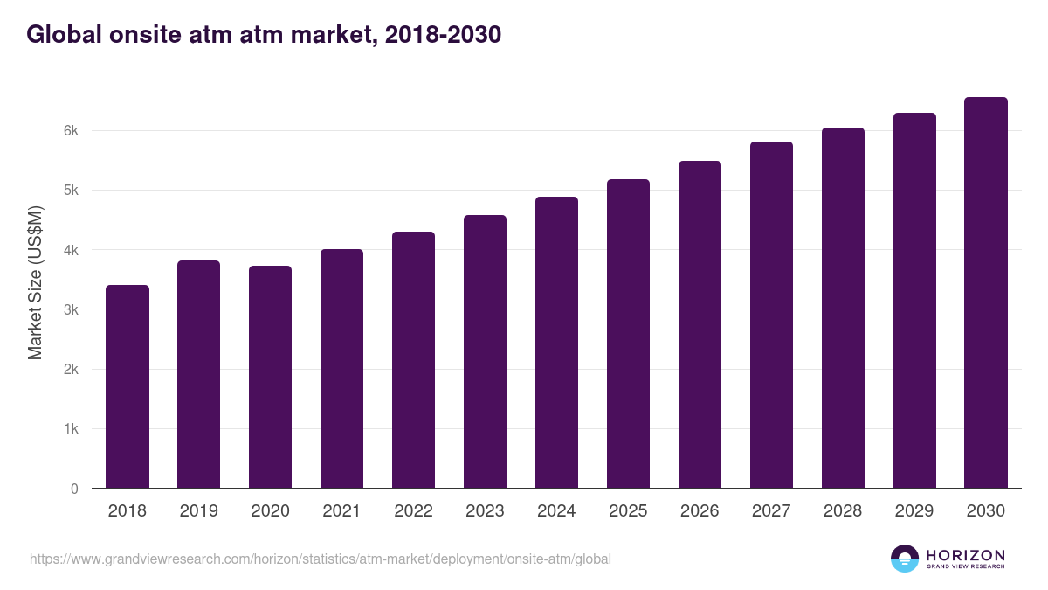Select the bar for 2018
coord(128,386)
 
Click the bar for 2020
coord(271,377)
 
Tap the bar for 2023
coord(485,351)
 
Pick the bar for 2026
coord(700,324)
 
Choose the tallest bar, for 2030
coord(986,293)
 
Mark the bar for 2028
coord(843,308)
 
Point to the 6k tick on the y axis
coord(71,131)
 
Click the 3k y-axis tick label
coord(71,310)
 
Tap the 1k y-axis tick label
coord(71,429)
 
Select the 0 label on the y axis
coord(74,489)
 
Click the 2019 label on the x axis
coord(199,511)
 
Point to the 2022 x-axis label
coord(413,511)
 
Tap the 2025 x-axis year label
coord(628,511)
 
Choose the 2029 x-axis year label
coord(914,511)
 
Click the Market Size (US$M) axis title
coord(35,282)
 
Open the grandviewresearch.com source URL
coord(320,559)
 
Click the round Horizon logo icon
coord(905,559)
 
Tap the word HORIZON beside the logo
coord(966,554)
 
